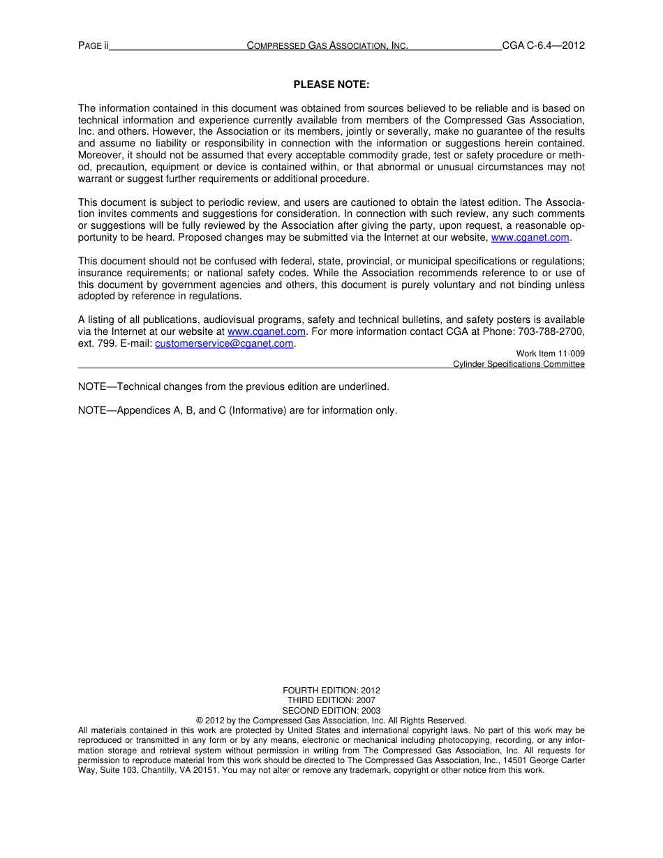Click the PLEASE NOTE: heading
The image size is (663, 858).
pos(331,84)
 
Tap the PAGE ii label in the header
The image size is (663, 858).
pos(94,46)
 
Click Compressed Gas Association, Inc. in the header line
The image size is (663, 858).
pos(327,46)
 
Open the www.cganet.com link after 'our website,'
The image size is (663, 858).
pos(530,238)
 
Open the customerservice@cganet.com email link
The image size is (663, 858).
pos(224,344)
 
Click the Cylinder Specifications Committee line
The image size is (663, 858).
pos(519,364)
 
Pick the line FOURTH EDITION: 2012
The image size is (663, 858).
pos(331,691)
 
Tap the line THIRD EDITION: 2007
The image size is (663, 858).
pos(331,700)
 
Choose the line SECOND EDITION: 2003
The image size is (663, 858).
pos(331,711)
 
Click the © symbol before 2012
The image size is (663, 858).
pos(200,721)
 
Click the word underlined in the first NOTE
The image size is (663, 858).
pos(363,386)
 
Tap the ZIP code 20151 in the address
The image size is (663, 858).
pos(207,771)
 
